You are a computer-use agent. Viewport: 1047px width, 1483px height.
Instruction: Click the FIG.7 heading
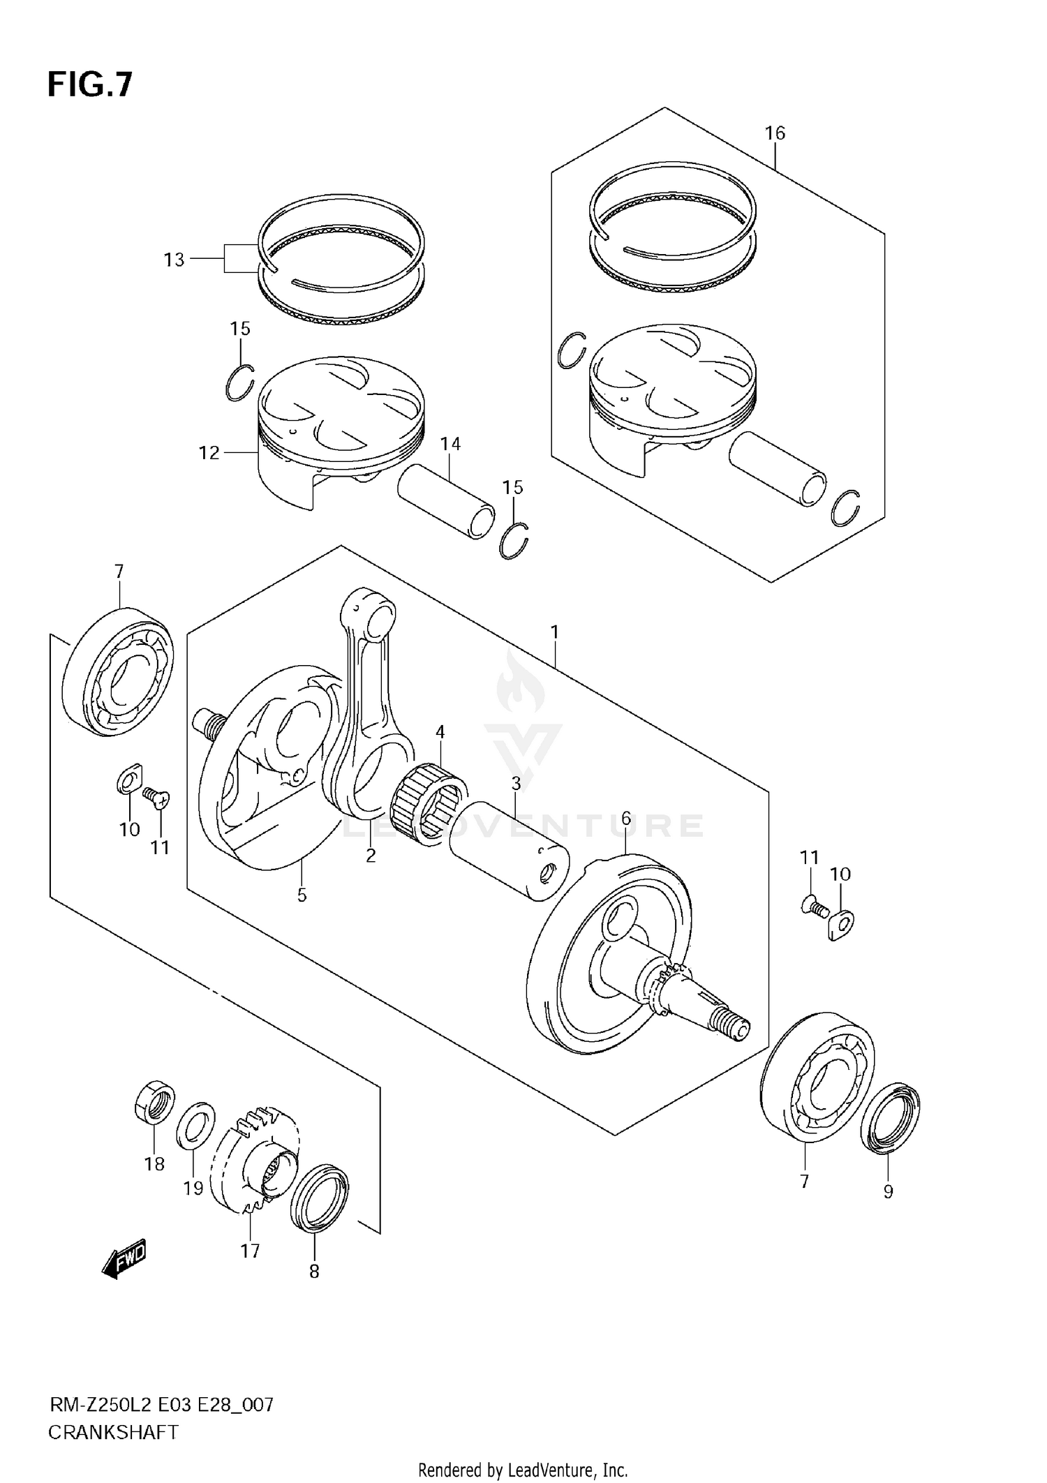pyautogui.click(x=89, y=85)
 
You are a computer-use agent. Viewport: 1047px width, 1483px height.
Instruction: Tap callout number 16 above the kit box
pyautogui.click(x=775, y=133)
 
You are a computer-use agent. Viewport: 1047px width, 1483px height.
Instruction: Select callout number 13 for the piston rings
pyautogui.click(x=174, y=260)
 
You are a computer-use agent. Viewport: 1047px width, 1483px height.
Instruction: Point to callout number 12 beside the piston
pyautogui.click(x=209, y=453)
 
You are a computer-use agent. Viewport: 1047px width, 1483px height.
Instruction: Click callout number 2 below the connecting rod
pyautogui.click(x=371, y=855)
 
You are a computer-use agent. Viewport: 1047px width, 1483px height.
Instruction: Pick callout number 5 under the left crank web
pyautogui.click(x=302, y=895)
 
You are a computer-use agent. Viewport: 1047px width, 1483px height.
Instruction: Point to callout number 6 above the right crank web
pyautogui.click(x=625, y=818)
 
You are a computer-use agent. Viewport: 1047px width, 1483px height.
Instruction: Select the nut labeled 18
pyautogui.click(x=154, y=1102)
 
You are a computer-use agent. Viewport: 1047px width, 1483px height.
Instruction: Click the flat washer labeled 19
pyautogui.click(x=195, y=1125)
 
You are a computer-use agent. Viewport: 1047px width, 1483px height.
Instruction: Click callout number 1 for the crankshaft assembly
pyautogui.click(x=554, y=632)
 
